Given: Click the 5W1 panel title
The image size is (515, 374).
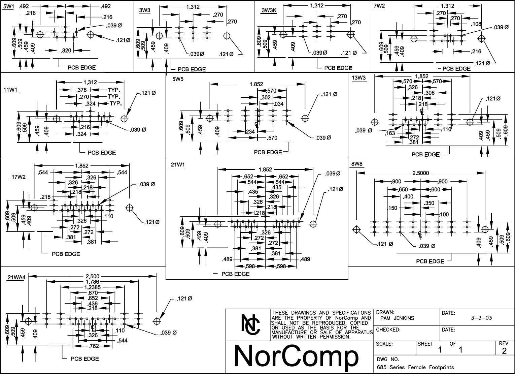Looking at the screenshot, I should (8, 6).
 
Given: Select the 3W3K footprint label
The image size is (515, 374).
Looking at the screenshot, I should (269, 10).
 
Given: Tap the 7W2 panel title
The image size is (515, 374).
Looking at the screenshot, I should (379, 6).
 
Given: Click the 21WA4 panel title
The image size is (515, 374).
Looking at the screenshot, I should (16, 277).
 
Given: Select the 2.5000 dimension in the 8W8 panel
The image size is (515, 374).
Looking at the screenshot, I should (421, 173).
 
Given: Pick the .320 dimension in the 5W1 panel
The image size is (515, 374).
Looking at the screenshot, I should (66, 51).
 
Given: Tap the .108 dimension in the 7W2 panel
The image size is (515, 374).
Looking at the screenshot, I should (476, 24).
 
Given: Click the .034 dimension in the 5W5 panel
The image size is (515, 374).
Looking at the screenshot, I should (279, 104).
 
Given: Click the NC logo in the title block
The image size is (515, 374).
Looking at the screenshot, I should (250, 324).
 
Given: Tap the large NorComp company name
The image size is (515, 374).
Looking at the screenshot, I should (297, 356).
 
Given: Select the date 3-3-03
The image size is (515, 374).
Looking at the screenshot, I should (478, 317).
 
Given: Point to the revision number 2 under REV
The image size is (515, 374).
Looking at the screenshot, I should (504, 351).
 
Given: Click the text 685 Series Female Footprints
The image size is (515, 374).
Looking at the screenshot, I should (415, 367).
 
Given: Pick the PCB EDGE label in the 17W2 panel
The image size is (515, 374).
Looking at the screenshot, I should (66, 254).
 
